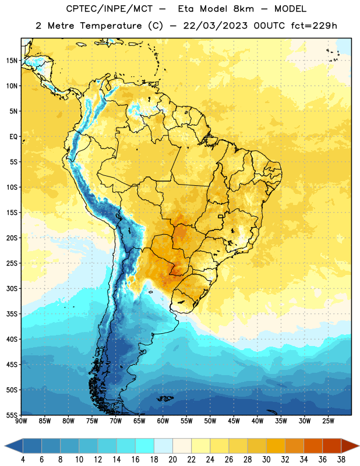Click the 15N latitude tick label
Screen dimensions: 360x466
(x=12, y=61)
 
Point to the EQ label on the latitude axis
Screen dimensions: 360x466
(x=13, y=137)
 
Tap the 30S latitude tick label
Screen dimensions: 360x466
(x=12, y=288)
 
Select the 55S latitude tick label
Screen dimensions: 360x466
(x=12, y=415)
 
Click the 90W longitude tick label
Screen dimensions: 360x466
(x=21, y=421)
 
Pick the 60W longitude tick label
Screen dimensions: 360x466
(x=163, y=421)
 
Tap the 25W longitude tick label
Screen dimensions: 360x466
(x=328, y=421)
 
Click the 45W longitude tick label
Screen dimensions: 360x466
(x=234, y=421)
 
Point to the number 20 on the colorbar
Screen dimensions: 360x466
(x=172, y=460)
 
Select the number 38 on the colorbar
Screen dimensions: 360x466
(x=341, y=460)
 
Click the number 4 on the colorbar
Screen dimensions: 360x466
(x=23, y=460)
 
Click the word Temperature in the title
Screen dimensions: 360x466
(x=111, y=26)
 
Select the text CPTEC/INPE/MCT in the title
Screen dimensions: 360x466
(x=109, y=9)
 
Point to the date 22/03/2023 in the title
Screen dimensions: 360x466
(x=215, y=26)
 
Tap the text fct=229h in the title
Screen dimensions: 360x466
(x=314, y=26)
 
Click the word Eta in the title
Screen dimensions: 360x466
(x=186, y=9)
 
